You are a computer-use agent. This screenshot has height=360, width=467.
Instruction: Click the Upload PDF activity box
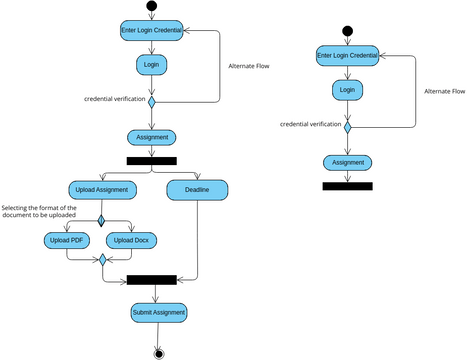pyautogui.click(x=65, y=240)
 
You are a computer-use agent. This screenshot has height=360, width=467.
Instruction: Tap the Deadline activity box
pyautogui.click(x=197, y=189)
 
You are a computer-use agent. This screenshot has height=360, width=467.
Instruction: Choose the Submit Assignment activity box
pyautogui.click(x=158, y=313)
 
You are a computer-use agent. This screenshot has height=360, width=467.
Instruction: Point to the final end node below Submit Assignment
pyautogui.click(x=158, y=352)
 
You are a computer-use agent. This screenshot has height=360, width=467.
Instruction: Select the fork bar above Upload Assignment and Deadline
pyautogui.click(x=151, y=160)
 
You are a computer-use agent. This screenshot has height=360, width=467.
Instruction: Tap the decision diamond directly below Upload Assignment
pyautogui.click(x=101, y=220)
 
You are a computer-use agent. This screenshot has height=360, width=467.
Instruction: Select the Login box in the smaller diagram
pyautogui.click(x=347, y=89)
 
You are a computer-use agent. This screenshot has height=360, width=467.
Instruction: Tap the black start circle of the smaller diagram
pyautogui.click(x=347, y=31)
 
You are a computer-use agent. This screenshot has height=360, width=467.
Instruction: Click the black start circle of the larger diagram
pyautogui.click(x=152, y=7)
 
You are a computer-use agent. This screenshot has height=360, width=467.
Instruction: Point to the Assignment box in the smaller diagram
pyautogui.click(x=347, y=162)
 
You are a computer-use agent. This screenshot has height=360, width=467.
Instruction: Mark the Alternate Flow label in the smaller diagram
pyautogui.click(x=444, y=91)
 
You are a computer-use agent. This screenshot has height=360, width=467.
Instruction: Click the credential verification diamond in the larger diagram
pyautogui.click(x=152, y=100)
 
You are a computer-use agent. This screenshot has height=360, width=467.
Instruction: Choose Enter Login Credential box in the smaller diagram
pyautogui.click(x=347, y=56)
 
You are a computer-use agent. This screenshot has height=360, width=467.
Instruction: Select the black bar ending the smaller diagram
pyautogui.click(x=347, y=186)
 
